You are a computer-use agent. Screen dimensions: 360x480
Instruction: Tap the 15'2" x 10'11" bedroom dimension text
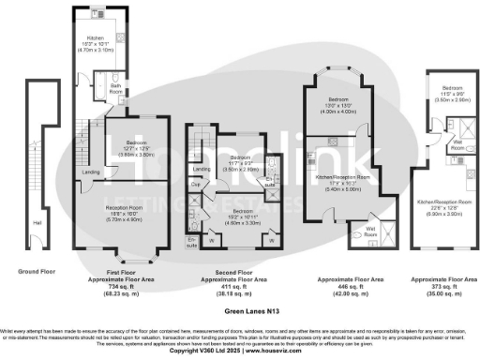242,198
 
